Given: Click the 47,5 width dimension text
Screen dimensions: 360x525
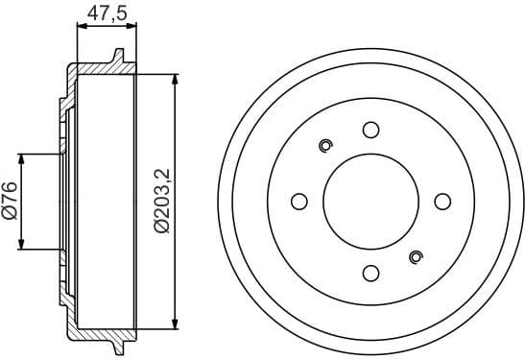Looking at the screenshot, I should pyautogui.click(x=104, y=12).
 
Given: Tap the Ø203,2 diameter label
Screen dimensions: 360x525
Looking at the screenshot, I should pyautogui.click(x=162, y=202).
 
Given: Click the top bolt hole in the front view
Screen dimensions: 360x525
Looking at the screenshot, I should pyautogui.click(x=370, y=130).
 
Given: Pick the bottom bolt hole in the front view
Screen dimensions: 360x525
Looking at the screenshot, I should pyautogui.click(x=370, y=273).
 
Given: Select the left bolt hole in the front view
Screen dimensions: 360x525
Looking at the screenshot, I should pyautogui.click(x=298, y=202).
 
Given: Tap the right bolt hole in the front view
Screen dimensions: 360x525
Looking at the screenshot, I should pyautogui.click(x=442, y=201).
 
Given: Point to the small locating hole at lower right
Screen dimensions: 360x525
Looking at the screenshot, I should pyautogui.click(x=416, y=256).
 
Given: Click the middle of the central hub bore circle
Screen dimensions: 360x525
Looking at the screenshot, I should pyautogui.click(x=370, y=202).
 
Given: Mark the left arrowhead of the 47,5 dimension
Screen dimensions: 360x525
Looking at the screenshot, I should pyautogui.click(x=79, y=28).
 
